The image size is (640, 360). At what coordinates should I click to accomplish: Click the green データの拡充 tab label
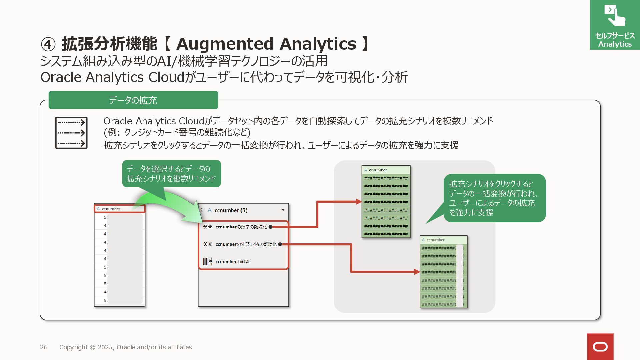tap(133, 100)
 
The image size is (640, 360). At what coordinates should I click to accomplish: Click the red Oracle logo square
tap(600, 347)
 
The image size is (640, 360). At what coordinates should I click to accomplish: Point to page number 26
tap(44, 347)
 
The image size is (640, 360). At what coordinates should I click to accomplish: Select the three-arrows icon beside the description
tap(71, 133)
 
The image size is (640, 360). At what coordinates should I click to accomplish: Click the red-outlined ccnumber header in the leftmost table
tap(120, 209)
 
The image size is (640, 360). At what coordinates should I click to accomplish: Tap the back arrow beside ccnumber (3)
tap(202, 210)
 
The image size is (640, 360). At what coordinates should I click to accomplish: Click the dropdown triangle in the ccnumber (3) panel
tap(283, 210)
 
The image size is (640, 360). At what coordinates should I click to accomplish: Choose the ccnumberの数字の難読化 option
tap(241, 227)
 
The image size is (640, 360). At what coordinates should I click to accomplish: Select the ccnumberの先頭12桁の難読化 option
tap(246, 244)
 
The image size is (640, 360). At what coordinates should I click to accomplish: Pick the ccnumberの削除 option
tap(232, 262)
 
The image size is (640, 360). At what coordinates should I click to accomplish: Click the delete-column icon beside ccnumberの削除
tap(207, 262)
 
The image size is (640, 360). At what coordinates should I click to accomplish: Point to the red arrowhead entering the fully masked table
tap(359, 201)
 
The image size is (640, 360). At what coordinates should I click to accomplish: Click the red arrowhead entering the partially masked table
tap(417, 272)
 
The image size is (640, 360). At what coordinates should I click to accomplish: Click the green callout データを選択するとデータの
tap(171, 174)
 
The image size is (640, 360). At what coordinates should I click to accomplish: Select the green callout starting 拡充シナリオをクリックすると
tap(494, 198)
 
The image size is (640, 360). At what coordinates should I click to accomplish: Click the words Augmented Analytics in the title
tap(266, 44)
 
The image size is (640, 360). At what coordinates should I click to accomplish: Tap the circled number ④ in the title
tap(48, 44)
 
